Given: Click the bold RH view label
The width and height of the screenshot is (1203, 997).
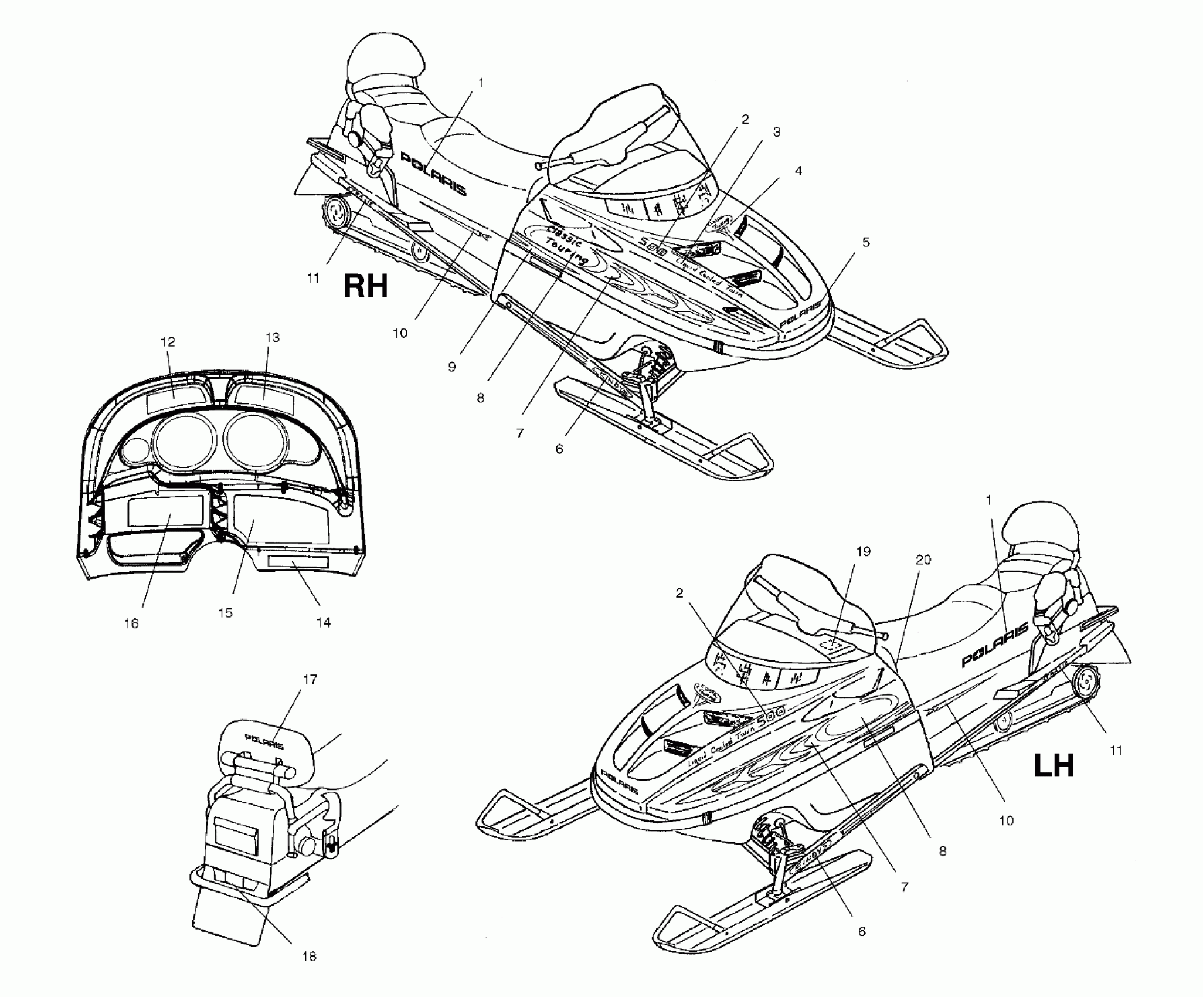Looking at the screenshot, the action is [x=365, y=287].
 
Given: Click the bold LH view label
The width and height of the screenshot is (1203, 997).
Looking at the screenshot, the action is [x=1054, y=767].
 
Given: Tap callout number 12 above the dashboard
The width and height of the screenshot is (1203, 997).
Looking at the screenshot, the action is [x=168, y=342].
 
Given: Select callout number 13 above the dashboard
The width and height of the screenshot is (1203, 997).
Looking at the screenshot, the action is [x=273, y=338].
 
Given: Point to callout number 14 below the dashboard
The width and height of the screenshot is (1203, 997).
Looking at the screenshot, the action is [x=323, y=622].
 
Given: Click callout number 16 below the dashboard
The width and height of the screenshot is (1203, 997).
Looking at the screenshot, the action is [x=131, y=623].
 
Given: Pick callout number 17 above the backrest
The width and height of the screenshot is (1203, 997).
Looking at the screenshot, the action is [x=310, y=679].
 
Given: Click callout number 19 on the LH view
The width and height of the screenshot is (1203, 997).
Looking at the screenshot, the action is [x=863, y=551].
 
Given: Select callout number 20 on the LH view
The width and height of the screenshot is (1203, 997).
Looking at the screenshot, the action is [x=923, y=560].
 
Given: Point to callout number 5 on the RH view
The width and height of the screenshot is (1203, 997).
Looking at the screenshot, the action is [x=866, y=242].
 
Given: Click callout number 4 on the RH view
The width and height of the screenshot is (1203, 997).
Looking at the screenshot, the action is [x=798, y=171].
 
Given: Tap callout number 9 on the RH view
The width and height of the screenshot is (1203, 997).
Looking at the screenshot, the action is [x=451, y=367].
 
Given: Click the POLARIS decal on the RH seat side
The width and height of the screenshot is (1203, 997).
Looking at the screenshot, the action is [x=434, y=173].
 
